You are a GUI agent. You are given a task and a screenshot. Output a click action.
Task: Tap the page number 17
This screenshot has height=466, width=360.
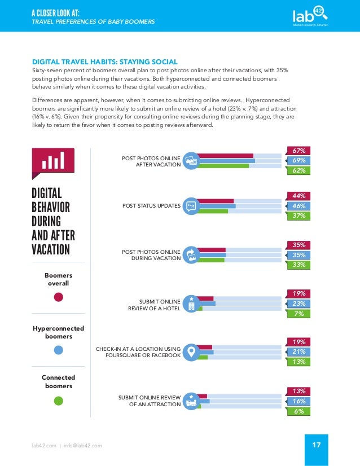tap(315, 445)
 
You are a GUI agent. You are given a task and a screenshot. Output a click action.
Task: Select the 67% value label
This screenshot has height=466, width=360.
tap(298, 151)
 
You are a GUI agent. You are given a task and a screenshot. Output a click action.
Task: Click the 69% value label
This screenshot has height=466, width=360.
tap(298, 161)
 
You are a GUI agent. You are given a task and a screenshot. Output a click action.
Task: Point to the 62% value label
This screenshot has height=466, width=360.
tap(298, 170)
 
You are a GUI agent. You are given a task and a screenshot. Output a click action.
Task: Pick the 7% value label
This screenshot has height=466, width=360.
tap(298, 313)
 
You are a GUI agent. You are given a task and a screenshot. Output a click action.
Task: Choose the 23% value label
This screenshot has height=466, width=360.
tap(298, 304)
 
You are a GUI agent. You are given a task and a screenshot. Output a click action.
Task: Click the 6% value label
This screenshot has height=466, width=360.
tap(298, 411)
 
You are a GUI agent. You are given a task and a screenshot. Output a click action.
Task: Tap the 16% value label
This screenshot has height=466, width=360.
tap(298, 401)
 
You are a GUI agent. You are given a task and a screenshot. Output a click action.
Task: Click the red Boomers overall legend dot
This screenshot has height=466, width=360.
tap(58, 297)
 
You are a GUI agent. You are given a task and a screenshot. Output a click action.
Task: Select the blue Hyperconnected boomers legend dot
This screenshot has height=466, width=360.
tap(58, 350)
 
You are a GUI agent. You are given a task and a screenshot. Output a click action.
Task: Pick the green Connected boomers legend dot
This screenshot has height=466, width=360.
tap(58, 401)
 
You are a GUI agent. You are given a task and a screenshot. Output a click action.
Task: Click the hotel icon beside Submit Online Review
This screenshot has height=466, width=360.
tap(191, 303)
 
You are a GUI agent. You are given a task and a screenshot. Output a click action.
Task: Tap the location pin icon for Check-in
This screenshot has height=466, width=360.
tap(191, 352)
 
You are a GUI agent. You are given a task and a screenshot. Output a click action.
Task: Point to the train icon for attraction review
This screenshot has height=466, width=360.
tap(191, 401)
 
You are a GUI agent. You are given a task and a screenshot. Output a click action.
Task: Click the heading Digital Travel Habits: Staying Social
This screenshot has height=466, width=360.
tap(104, 61)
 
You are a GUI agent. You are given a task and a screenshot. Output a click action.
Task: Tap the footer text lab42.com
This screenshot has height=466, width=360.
tap(43, 446)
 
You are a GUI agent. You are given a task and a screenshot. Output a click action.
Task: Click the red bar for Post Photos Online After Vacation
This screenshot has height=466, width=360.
tap(226, 156)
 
